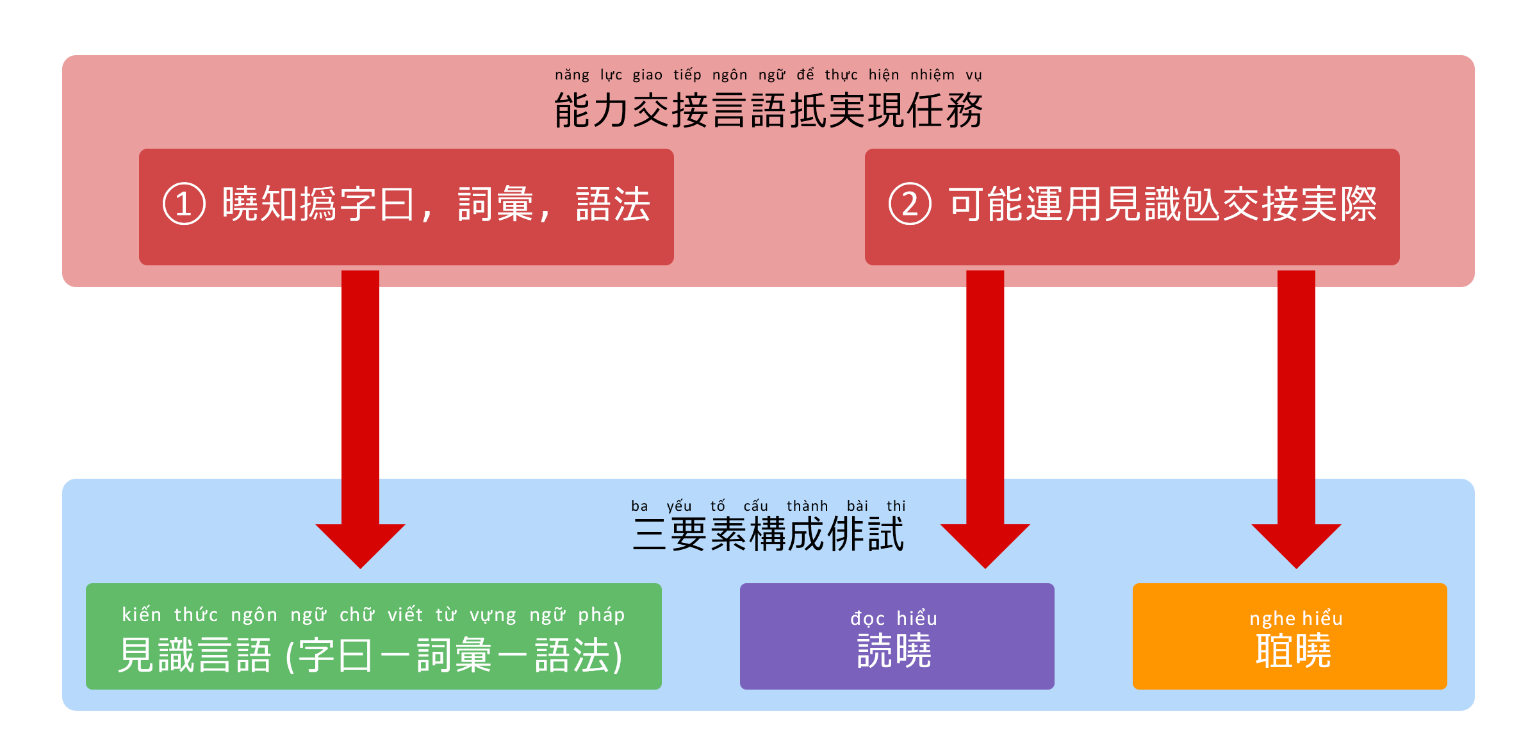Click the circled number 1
(x=184, y=204)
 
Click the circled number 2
(x=910, y=204)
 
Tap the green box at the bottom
(x=374, y=636)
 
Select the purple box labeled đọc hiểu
(x=896, y=636)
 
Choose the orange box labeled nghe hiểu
(x=1289, y=636)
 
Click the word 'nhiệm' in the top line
(x=932, y=75)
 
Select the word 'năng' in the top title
(x=572, y=75)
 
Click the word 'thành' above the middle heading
(x=807, y=506)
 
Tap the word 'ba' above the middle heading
(x=639, y=506)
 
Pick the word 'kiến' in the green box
(x=142, y=615)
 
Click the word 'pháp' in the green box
(x=601, y=615)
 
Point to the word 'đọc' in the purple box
(x=867, y=618)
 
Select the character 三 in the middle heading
(x=650, y=535)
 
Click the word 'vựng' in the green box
(x=493, y=615)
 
